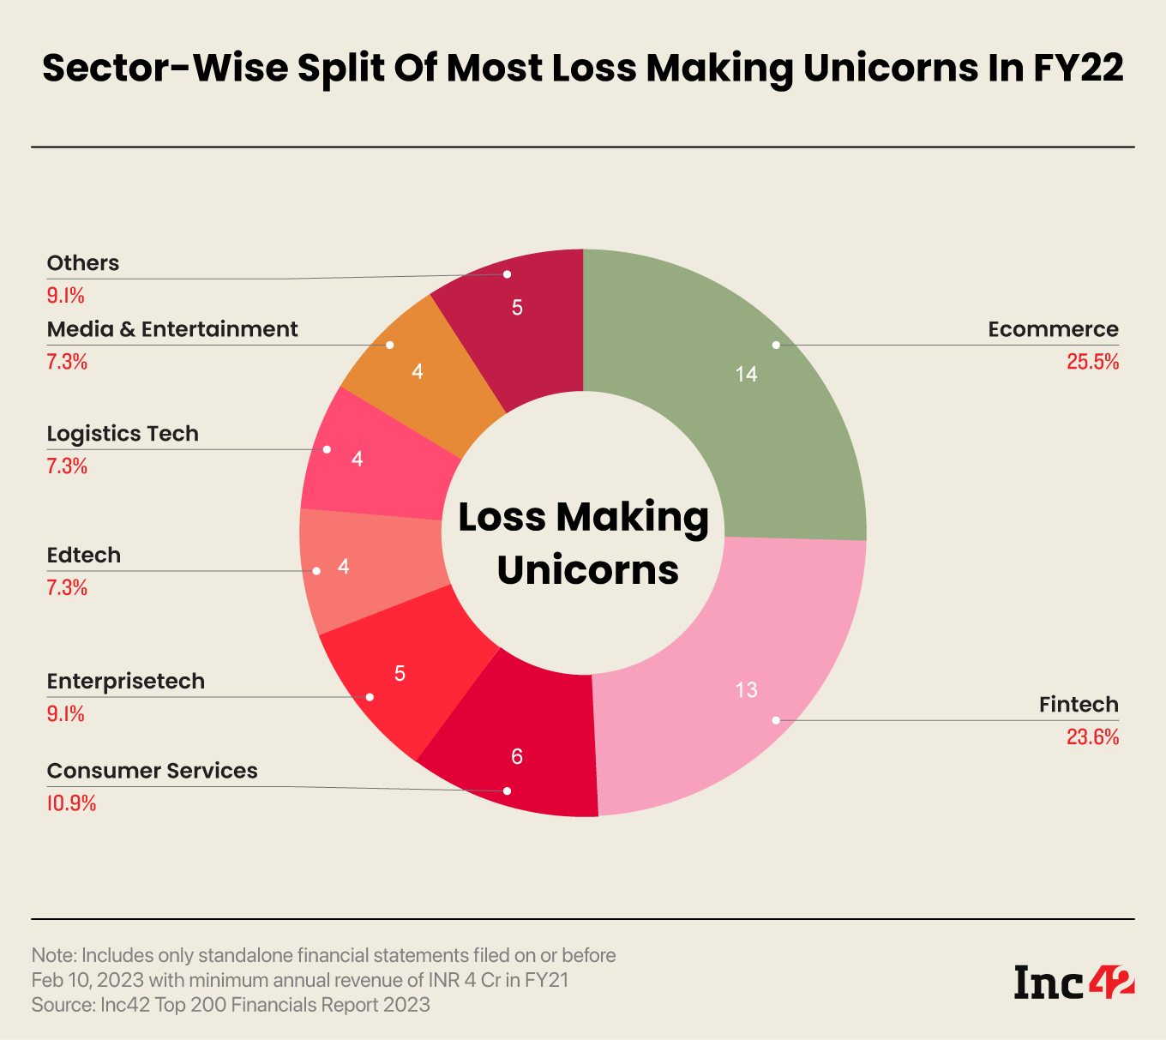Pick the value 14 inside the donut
(x=746, y=374)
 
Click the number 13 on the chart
(x=746, y=690)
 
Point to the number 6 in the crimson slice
(x=517, y=756)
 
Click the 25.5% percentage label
(x=1092, y=362)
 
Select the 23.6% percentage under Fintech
(x=1092, y=737)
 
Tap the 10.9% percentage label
(x=71, y=803)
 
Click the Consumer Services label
(x=152, y=771)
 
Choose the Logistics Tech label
(x=123, y=434)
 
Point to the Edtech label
(x=84, y=556)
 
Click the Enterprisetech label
(x=126, y=682)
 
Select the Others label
(x=83, y=263)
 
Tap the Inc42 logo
(x=1073, y=982)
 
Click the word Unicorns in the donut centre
(x=587, y=570)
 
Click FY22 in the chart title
(x=1078, y=69)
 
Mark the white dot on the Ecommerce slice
(x=776, y=345)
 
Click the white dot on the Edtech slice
(x=316, y=571)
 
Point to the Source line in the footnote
(x=231, y=1004)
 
